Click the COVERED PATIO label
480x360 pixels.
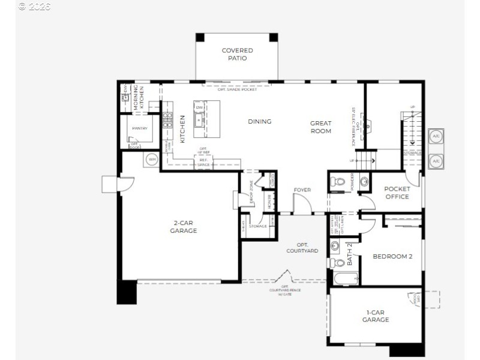coord(237,54)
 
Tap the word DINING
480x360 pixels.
coord(260,121)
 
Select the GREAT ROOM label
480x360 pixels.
coord(320,127)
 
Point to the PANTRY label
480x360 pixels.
coord(140,128)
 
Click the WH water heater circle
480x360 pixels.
coord(151,160)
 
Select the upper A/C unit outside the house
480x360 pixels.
coord(436,136)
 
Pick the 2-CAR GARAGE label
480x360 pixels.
coord(183,226)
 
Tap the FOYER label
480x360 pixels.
coord(302,190)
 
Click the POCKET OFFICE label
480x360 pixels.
coord(397,193)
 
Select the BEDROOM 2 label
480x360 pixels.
coord(392,256)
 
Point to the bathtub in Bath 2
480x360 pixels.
coord(346,278)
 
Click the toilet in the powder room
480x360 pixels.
coord(338,181)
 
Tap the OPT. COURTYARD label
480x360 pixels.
coord(302,247)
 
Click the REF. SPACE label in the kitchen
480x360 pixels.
coord(203,162)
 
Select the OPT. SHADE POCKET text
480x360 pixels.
coord(237,89)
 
